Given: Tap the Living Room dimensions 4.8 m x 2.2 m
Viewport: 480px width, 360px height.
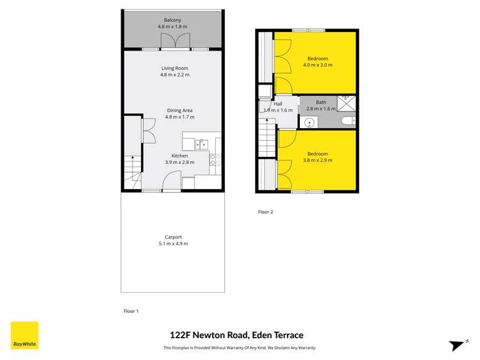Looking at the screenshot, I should pyautogui.click(x=174, y=75).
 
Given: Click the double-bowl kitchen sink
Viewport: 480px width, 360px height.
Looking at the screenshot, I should pyautogui.click(x=200, y=144).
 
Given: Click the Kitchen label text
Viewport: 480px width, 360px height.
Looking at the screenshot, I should pyautogui.click(x=179, y=156).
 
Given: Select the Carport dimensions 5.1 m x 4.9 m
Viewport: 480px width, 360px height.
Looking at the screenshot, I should pyautogui.click(x=173, y=243).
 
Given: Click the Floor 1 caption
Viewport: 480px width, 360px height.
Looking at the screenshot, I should pyautogui.click(x=131, y=311).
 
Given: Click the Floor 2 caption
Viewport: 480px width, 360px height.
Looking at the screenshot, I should pyautogui.click(x=265, y=211).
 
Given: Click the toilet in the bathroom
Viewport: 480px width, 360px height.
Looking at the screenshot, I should pyautogui.click(x=347, y=120).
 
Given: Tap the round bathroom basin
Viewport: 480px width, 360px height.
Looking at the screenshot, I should pyautogui.click(x=308, y=120).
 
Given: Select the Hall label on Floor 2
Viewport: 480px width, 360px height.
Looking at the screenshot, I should pyautogui.click(x=277, y=104).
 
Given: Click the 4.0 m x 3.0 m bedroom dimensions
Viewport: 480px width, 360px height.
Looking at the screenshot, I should pyautogui.click(x=317, y=65).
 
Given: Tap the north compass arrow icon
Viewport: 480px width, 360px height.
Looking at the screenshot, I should pyautogui.click(x=458, y=345).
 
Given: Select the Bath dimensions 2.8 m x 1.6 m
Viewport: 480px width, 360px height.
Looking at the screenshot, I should pyautogui.click(x=321, y=109).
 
